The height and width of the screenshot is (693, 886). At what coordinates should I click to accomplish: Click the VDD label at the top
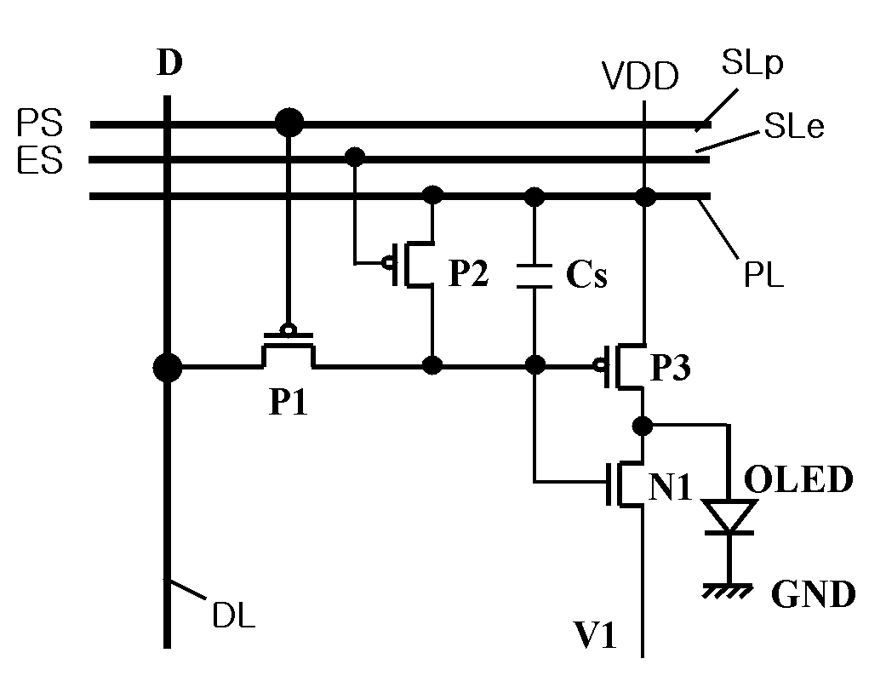640,77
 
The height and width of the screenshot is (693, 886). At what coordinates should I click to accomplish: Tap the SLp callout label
752,62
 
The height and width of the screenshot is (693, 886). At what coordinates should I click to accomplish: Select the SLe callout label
794,126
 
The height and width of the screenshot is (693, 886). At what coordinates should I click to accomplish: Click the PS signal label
39,123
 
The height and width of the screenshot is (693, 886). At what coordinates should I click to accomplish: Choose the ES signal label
39,161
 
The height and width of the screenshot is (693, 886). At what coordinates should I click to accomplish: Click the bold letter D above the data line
169,62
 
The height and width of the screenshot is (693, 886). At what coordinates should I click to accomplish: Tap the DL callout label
234,615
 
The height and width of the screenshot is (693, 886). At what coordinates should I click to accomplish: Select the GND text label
813,594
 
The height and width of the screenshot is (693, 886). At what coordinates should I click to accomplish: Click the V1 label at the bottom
594,634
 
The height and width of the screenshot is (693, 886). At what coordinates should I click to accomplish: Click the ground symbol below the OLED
728,591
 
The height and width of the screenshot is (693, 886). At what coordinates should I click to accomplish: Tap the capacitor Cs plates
534,276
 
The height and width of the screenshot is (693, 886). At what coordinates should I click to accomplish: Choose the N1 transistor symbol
624,484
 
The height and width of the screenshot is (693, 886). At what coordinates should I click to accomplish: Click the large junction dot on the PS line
289,122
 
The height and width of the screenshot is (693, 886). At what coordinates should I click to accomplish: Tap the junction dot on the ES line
355,156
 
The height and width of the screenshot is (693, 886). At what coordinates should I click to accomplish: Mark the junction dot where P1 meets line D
168,368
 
